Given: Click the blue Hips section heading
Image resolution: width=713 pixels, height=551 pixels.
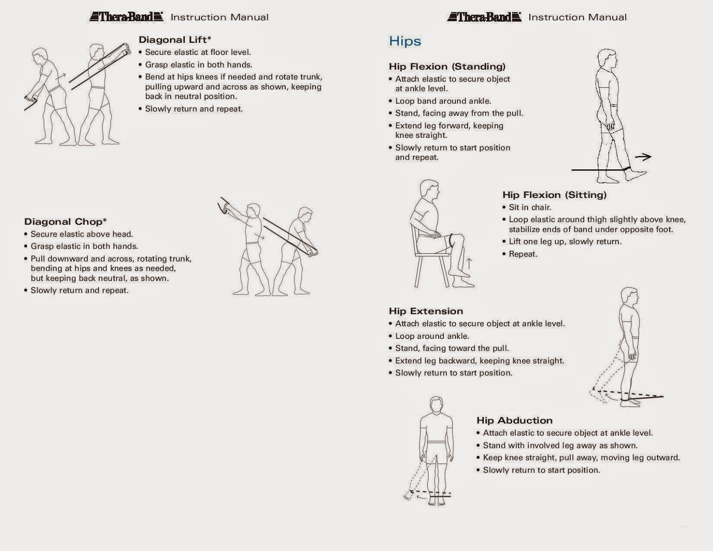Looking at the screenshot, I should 405,41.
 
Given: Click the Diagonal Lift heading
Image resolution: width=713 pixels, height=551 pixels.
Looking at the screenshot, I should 175,40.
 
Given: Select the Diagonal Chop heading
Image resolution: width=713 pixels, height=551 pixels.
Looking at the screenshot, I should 66,222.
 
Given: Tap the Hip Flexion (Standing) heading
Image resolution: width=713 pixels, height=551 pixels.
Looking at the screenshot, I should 447,66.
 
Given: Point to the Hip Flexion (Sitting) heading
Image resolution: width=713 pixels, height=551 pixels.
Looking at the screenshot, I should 554,195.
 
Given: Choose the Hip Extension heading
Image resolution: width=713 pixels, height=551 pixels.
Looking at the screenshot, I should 426,311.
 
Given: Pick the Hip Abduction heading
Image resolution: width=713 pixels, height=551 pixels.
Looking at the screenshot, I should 514,420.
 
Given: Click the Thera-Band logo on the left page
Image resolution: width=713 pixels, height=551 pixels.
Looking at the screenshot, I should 126,17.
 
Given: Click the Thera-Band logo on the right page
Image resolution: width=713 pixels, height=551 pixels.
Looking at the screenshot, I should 484,17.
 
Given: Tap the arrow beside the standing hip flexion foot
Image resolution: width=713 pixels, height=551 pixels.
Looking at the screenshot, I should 643,156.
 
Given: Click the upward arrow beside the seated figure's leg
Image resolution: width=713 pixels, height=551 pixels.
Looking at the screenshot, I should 469,263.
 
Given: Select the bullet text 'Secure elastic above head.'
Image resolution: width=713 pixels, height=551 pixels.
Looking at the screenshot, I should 82,234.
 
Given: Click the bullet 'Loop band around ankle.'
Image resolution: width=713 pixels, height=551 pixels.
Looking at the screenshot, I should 443,101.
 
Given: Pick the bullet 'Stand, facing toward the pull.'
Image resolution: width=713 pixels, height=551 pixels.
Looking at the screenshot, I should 452,348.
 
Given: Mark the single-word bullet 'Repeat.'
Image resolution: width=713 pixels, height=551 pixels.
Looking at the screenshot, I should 523,254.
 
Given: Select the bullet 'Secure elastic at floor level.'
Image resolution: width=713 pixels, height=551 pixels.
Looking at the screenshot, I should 198,52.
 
